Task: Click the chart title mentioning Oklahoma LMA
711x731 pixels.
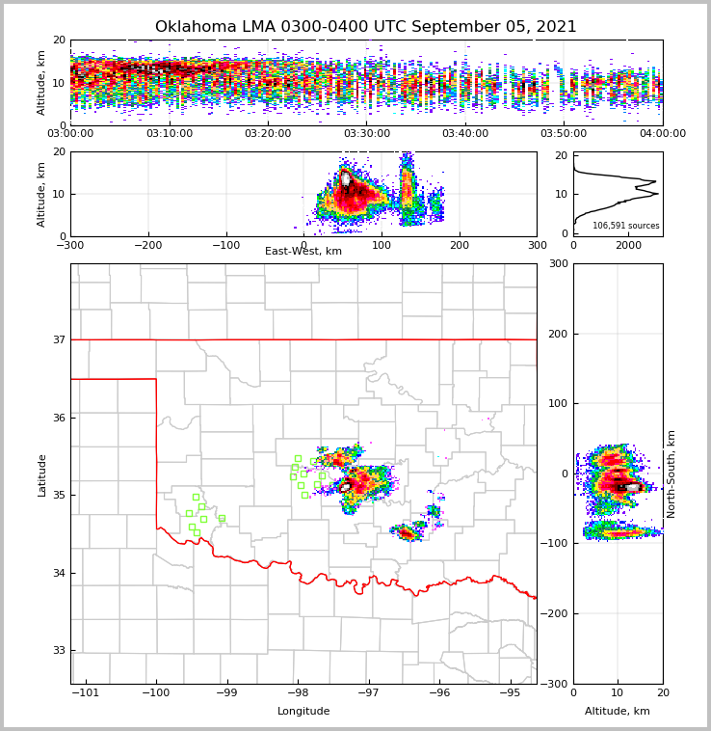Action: [x=365, y=27]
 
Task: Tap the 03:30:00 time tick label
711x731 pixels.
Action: [x=367, y=134]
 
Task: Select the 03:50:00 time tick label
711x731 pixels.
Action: [x=564, y=134]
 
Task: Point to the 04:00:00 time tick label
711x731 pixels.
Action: [x=663, y=134]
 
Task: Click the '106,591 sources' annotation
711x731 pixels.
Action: [x=625, y=226]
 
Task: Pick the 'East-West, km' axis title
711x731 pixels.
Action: [x=303, y=252]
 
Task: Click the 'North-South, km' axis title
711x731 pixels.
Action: [x=671, y=474]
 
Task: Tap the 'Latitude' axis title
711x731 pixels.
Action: [x=42, y=474]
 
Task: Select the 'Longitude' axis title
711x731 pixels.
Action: [x=303, y=712]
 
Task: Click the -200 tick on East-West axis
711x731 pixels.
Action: [x=147, y=244]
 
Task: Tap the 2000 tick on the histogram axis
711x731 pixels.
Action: [x=628, y=244]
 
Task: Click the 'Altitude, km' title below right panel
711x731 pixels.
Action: [x=618, y=712]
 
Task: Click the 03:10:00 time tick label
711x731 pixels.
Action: [x=170, y=134]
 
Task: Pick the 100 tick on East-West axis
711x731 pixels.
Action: [x=382, y=244]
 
